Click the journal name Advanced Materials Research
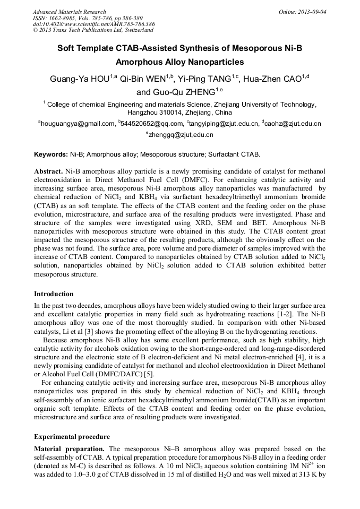(x=69, y=12)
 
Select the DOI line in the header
(x=93, y=24)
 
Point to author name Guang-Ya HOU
(x=80, y=79)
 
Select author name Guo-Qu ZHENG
(x=183, y=92)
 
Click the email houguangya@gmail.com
(x=78, y=124)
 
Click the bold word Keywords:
(x=51, y=154)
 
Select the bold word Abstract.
(x=48, y=173)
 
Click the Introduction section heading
(x=54, y=294)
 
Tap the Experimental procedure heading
(x=72, y=437)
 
